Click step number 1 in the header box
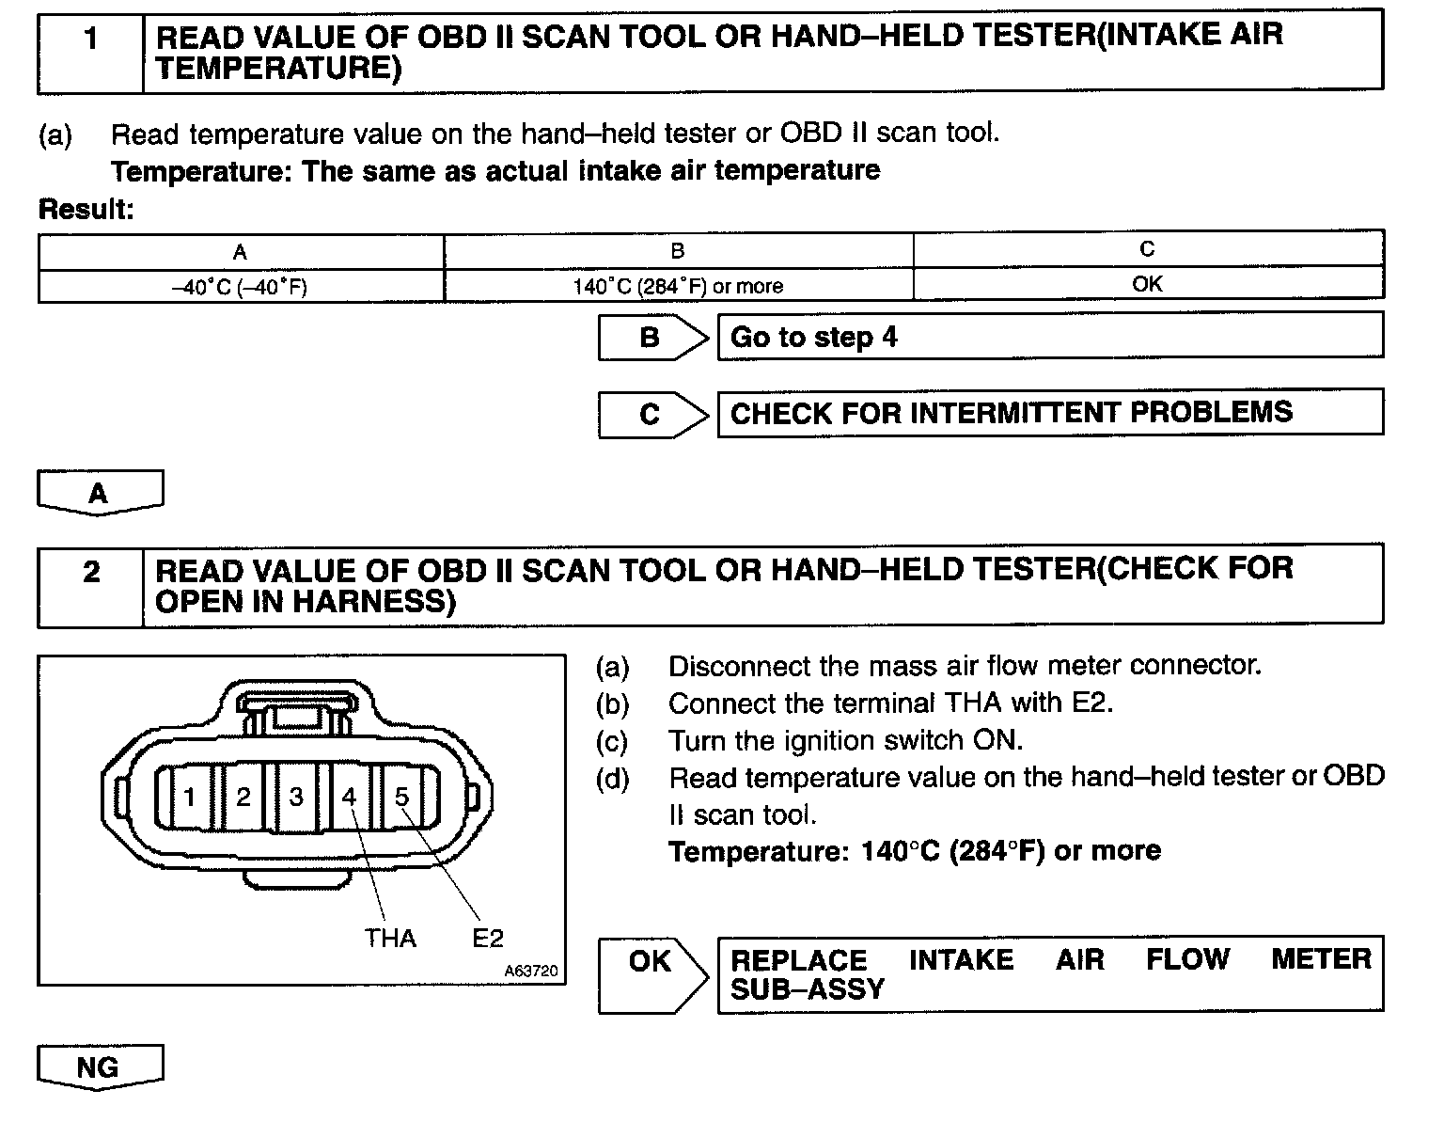(90, 40)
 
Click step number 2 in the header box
(90, 572)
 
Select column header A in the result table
(241, 252)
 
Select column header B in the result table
(678, 251)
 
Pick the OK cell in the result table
(1147, 284)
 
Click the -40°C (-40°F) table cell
(241, 286)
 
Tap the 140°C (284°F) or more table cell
(678, 286)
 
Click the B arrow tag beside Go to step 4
(651, 338)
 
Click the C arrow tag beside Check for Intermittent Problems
(651, 415)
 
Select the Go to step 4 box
(1049, 337)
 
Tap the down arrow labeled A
(100, 493)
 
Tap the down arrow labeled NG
(100, 1067)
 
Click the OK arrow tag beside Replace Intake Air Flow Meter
(651, 962)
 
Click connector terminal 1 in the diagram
(189, 798)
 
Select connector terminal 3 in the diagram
(296, 798)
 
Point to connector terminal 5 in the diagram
(402, 798)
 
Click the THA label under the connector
(390, 938)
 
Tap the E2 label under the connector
(488, 938)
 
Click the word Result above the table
(86, 210)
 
